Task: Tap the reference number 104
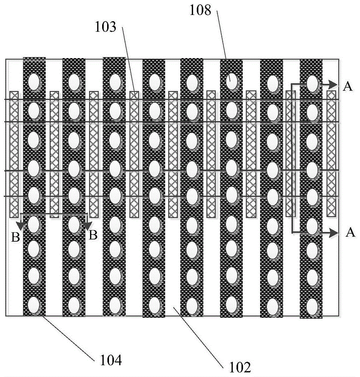pos(111,361)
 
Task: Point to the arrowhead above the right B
pos(88,225)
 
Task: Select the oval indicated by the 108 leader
pos(232,80)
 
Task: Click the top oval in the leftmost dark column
pos(34,81)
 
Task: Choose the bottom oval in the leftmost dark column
pos(34,304)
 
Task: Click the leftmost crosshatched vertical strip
pos(14,154)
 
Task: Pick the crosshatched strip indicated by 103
pos(134,154)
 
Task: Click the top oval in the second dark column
pos(74,81)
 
